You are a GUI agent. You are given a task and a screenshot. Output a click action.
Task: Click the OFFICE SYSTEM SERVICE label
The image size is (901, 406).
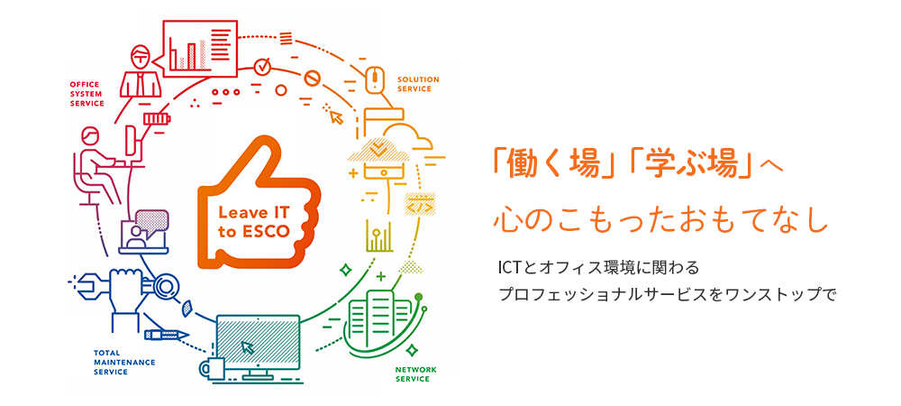coord(86,94)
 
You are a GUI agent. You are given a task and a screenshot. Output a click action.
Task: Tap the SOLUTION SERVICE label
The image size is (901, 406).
coord(418,84)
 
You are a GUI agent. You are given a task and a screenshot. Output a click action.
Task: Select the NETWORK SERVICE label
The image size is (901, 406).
coord(412,374)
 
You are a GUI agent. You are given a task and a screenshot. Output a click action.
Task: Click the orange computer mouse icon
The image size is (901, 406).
coord(374,79)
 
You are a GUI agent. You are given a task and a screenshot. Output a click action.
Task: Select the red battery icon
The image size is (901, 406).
coord(157,118)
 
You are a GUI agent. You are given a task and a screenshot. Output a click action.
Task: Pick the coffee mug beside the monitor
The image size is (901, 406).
coord(212,367)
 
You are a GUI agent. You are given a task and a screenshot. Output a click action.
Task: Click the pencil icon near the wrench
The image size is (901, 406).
coord(167,334)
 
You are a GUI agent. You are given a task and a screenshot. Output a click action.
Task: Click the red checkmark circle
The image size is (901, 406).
coord(262,66)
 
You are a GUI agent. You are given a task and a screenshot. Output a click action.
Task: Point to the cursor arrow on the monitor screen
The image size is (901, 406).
coord(248,346)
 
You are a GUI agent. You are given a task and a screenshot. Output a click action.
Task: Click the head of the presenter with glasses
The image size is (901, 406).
coord(140,57)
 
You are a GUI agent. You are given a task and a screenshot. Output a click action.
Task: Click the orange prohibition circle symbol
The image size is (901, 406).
coord(311,78)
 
